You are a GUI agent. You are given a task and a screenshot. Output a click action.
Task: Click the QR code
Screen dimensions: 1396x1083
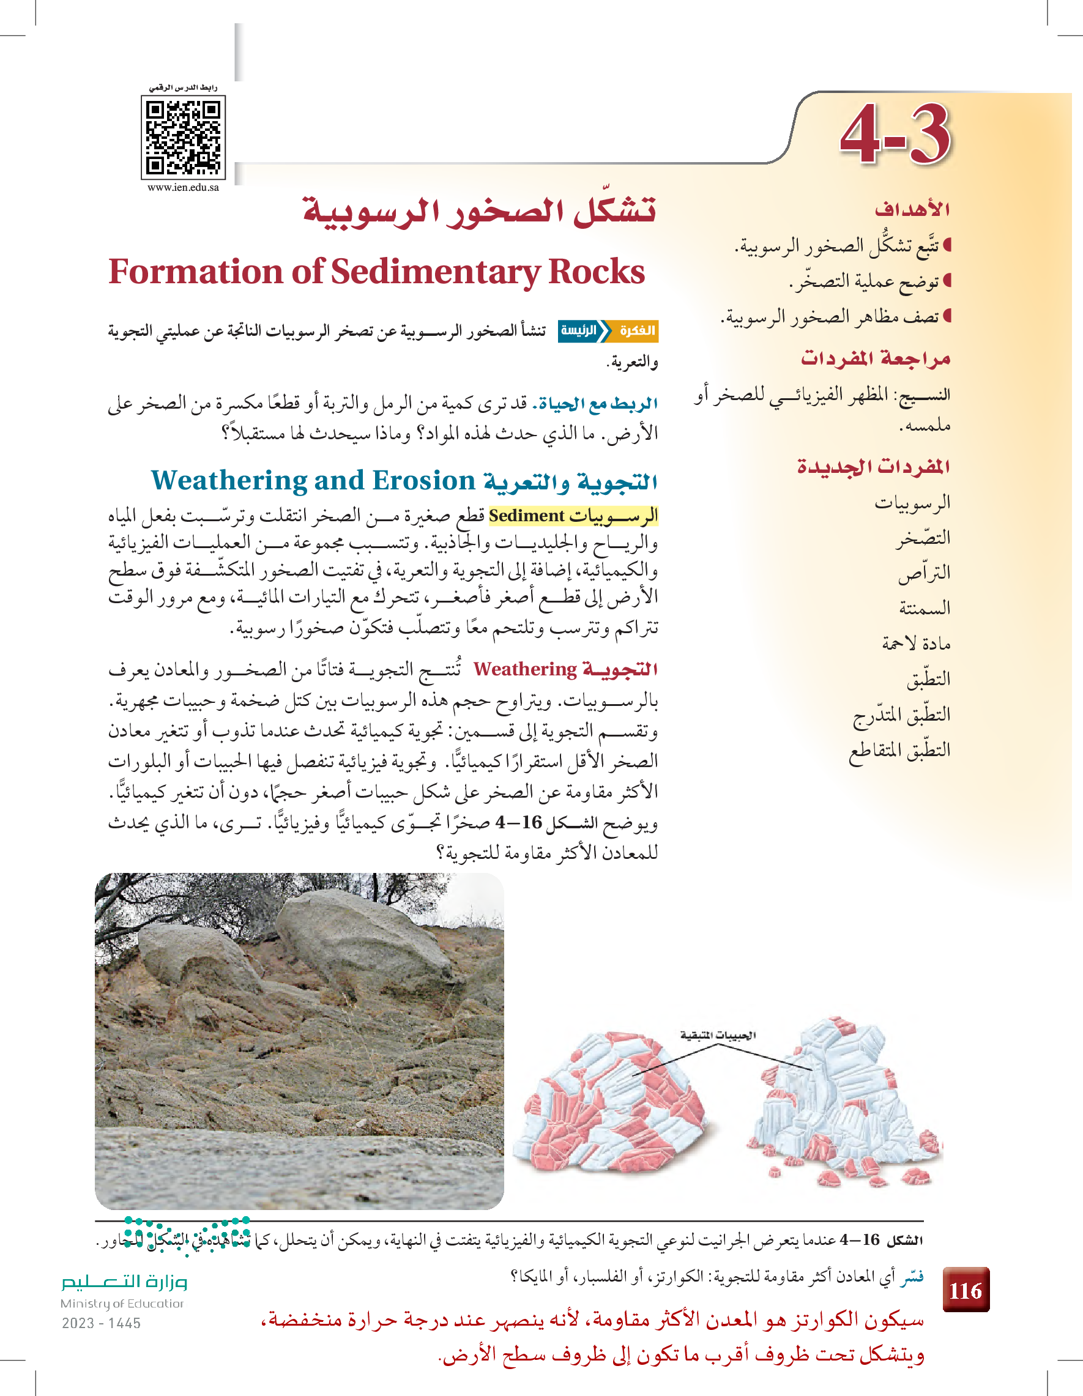tap(184, 138)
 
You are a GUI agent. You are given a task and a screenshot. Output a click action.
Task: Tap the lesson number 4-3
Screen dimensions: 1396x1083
tap(895, 135)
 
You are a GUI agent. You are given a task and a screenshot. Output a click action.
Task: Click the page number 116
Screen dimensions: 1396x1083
tap(966, 1291)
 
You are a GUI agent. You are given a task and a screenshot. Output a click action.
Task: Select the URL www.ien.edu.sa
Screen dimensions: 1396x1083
tap(184, 188)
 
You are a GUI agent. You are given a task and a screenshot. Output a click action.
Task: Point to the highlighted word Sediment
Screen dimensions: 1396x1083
tap(526, 516)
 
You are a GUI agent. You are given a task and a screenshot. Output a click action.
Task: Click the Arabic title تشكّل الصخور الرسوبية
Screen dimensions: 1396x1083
tap(480, 211)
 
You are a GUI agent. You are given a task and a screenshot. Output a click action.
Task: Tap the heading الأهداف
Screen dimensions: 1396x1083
tap(912, 209)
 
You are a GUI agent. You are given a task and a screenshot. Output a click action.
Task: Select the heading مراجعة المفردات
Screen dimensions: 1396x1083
tap(875, 358)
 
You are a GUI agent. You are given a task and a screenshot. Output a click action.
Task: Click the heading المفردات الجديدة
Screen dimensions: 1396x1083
tap(873, 466)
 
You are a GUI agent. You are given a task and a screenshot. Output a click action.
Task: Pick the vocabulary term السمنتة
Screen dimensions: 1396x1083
tap(925, 607)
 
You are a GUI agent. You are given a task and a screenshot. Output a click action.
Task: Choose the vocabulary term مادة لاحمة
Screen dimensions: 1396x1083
tap(916, 643)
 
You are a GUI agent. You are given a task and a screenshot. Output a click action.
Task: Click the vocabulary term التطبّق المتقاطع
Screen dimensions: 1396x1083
tap(899, 749)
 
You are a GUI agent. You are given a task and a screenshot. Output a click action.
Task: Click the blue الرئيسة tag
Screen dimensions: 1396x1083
tap(580, 330)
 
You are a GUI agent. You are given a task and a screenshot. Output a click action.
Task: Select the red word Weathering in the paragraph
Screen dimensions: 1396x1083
tap(525, 669)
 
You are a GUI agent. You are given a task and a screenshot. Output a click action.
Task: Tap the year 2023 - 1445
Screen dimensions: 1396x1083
tap(101, 1323)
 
